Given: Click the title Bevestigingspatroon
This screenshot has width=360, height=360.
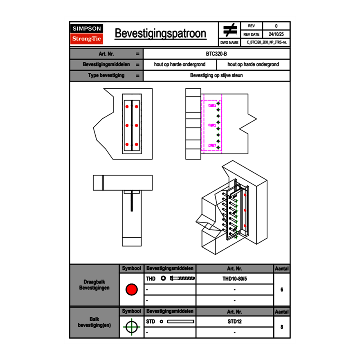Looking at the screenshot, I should tap(160, 34).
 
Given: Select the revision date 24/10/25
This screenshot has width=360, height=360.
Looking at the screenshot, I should tap(276, 34).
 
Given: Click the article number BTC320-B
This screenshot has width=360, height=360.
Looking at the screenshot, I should tap(216, 54).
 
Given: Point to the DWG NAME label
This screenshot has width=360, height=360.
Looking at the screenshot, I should tap(229, 43).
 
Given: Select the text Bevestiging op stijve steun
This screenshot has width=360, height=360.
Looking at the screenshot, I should tap(216, 76).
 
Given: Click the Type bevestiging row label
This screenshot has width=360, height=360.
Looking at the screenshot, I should tap(106, 76).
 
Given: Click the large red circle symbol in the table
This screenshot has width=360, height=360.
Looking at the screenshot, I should tap(131, 290).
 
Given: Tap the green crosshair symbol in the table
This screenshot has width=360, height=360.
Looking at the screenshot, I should tap(131, 327).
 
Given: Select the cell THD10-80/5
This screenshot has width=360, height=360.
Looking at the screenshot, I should tap(234, 279).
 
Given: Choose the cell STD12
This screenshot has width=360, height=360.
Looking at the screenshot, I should tap(234, 322).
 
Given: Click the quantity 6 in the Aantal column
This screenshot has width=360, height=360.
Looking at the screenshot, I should tap(282, 290).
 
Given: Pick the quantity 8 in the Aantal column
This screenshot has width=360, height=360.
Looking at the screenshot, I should tap(282, 327).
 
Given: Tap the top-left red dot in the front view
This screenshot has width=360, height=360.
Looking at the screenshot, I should tap(127, 107).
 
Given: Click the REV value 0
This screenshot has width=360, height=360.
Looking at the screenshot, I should tap(276, 26).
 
